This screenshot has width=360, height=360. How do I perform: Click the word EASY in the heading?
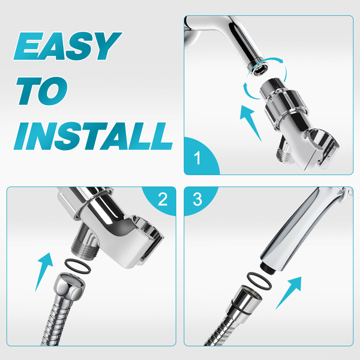click(x=67, y=46)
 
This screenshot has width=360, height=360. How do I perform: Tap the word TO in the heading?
click(x=42, y=91)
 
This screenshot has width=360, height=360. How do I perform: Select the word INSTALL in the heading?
click(x=93, y=136)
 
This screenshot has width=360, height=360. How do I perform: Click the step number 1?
click(x=197, y=158)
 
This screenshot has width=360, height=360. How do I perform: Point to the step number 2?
click(x=163, y=199)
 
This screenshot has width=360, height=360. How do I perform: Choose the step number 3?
click(x=197, y=199)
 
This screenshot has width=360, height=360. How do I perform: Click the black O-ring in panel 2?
click(x=78, y=266)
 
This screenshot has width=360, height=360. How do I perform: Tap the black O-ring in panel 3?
click(x=259, y=281)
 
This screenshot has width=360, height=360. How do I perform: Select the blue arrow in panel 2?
click(x=44, y=272)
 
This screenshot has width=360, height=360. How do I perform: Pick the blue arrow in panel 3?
click(x=289, y=293)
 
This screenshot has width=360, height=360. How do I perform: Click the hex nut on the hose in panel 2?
click(x=70, y=285)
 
